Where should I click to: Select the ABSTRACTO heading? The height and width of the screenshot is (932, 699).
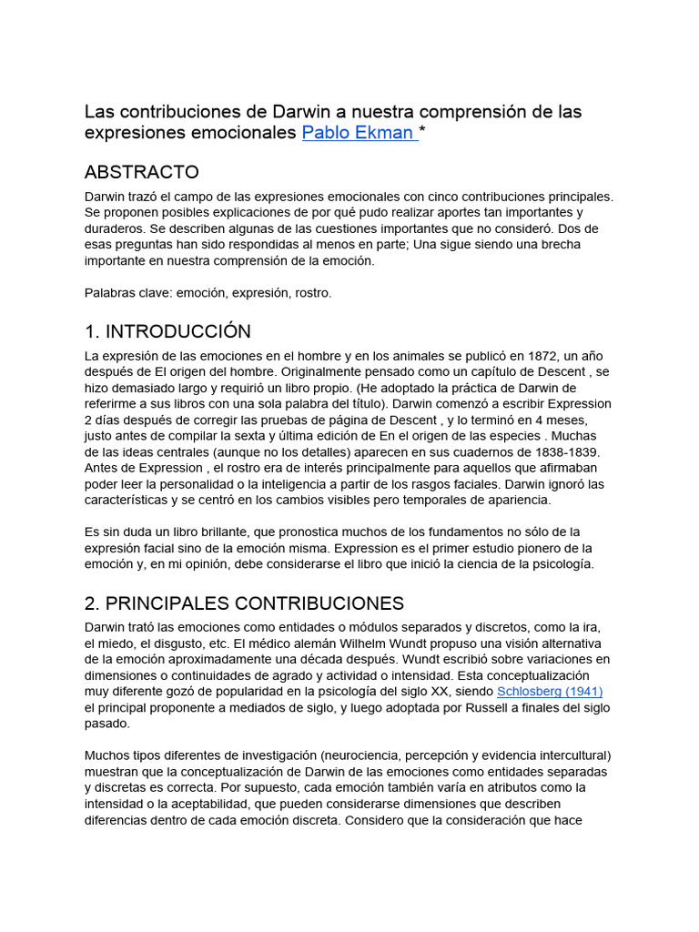coord(141,172)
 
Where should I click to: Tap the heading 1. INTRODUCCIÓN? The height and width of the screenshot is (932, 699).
coord(167,331)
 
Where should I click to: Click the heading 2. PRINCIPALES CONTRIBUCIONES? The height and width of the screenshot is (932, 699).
coord(244,603)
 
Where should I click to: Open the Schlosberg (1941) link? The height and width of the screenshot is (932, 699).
coord(550,692)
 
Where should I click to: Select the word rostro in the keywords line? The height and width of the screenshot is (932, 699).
coord(311,293)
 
